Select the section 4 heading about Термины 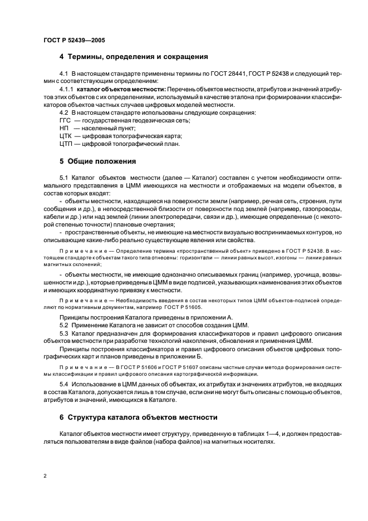(x=134, y=56)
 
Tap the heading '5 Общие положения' (x=97, y=161)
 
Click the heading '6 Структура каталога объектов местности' (x=138, y=416)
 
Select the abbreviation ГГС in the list (x=65, y=120)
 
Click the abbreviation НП (x=64, y=128)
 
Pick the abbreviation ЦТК (x=65, y=136)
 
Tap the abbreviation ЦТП (x=65, y=144)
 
